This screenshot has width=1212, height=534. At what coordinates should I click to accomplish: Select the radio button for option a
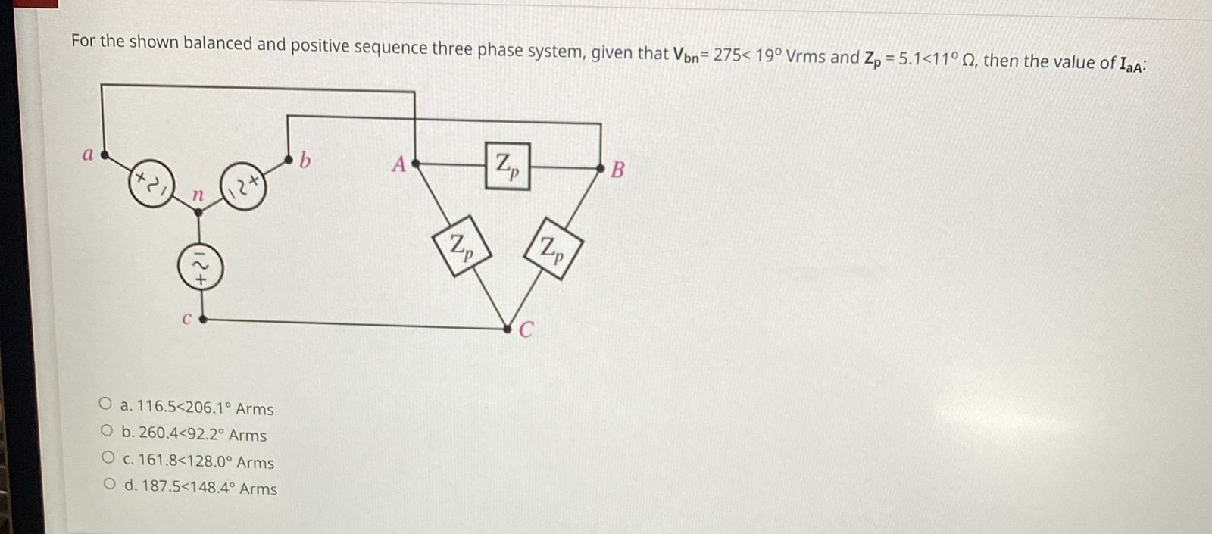105,404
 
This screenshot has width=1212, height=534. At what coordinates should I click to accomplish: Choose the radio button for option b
107,432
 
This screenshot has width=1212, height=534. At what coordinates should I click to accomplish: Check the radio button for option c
108,458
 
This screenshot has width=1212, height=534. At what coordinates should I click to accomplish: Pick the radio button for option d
111,485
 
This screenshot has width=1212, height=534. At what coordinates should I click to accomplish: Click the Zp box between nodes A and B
507,166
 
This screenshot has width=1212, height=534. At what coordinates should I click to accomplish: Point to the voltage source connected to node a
151,183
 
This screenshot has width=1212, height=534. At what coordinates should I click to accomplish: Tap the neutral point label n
198,195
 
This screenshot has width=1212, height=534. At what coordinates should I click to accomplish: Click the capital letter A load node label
398,164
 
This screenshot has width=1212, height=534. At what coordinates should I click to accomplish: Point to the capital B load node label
617,170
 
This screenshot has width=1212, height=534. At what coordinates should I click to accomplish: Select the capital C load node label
526,329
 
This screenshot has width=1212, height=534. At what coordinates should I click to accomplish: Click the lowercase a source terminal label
87,155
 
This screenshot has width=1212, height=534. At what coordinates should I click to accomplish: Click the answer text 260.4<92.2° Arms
202,435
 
